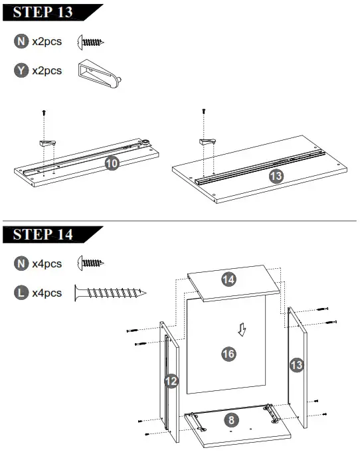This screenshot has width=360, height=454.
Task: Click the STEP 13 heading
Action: tap(44, 12)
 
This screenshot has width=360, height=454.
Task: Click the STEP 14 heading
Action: tap(44, 235)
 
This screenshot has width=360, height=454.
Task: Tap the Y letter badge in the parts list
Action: tap(21, 70)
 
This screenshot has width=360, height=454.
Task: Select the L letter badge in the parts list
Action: tap(21, 293)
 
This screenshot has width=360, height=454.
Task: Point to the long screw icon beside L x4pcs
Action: tap(110, 292)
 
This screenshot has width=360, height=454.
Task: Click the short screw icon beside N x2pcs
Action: tap(90, 42)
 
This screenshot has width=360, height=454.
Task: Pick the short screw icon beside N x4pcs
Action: tap(90, 264)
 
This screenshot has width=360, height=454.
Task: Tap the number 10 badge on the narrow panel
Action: tap(112, 163)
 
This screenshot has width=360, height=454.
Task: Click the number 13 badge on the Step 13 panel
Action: tap(275, 176)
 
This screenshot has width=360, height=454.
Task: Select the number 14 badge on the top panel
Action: tap(228, 279)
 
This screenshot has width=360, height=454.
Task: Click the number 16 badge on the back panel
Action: tap(228, 354)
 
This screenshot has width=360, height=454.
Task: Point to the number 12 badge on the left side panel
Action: tap(171, 381)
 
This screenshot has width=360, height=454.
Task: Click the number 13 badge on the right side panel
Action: tap(296, 364)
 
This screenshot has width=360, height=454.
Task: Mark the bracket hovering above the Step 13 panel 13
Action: tap(209, 141)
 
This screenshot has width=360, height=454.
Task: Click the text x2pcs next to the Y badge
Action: tap(47, 70)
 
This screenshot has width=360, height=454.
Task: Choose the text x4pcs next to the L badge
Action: tap(47, 293)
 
